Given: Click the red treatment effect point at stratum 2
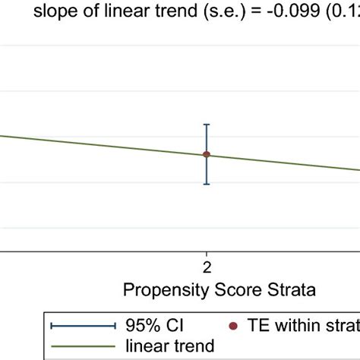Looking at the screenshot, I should [206, 154].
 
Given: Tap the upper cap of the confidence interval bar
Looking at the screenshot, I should [206, 125].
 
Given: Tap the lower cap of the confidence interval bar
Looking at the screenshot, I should [206, 184].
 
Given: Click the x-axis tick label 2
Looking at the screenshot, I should [206, 267].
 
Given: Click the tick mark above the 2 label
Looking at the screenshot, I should [206, 254].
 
